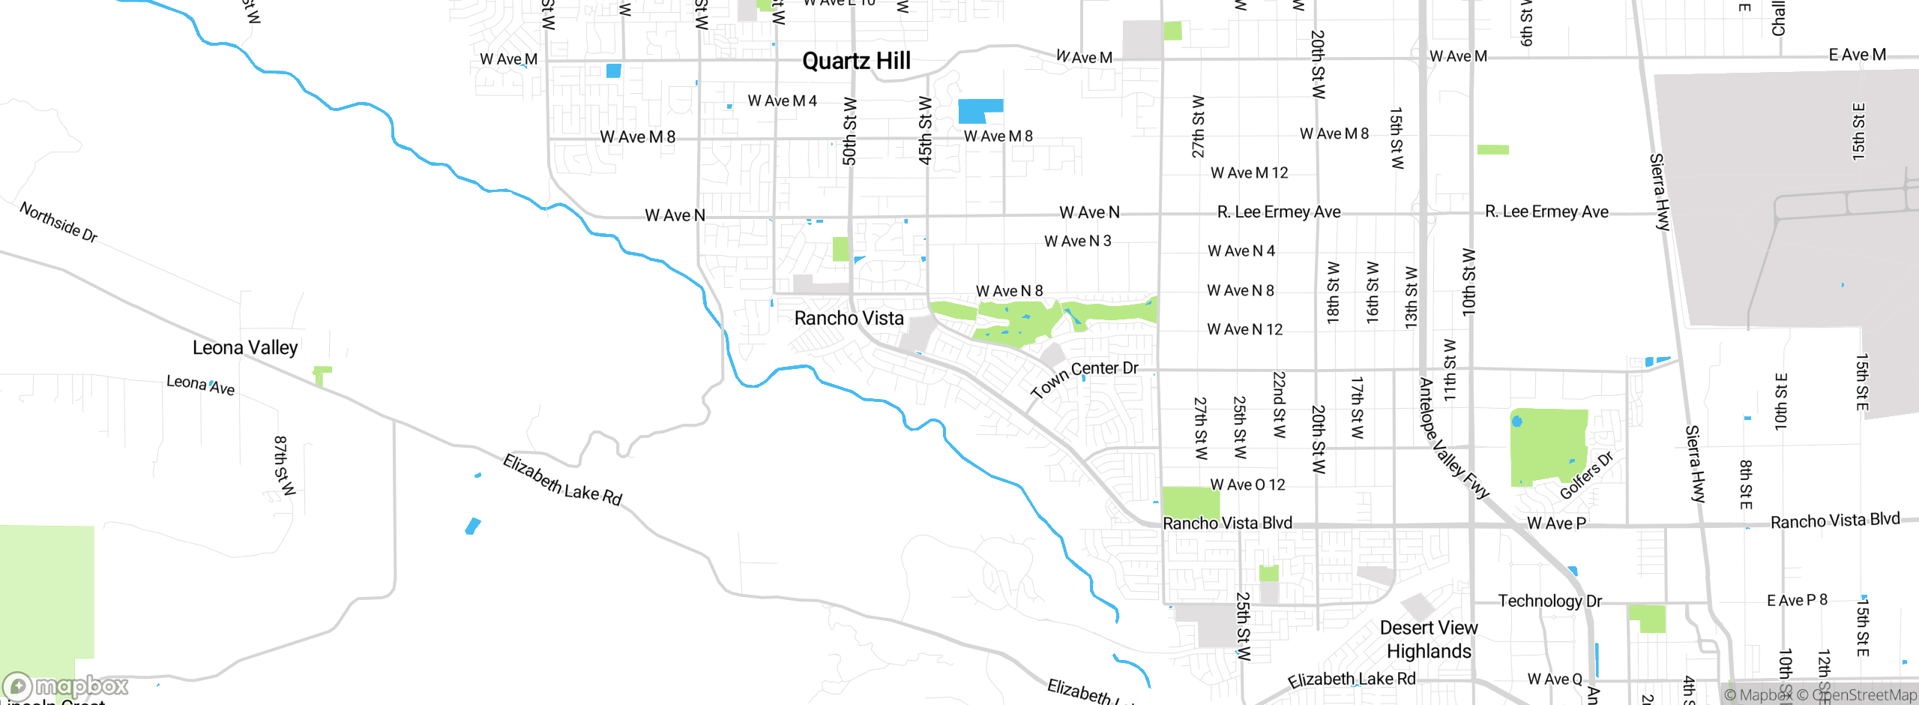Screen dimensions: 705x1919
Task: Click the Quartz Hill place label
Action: (x=856, y=61)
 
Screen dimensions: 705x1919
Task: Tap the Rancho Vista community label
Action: (x=849, y=318)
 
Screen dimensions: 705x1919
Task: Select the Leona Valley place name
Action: (x=245, y=347)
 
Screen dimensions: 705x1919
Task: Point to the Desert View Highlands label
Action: (x=1429, y=639)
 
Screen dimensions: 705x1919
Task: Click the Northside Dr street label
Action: (x=58, y=222)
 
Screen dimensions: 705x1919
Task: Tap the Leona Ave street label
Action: (x=200, y=385)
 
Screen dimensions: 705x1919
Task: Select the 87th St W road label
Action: (x=284, y=465)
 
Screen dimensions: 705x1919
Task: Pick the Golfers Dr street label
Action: (x=1586, y=475)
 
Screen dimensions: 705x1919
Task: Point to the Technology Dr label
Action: (x=1549, y=601)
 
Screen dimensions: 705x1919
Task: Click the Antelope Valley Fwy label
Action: (x=1452, y=439)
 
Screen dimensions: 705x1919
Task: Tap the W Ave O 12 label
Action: (x=1247, y=484)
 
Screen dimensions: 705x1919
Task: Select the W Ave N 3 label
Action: (x=1077, y=241)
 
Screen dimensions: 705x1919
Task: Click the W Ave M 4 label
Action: (x=782, y=100)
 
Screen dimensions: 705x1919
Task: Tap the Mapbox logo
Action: (x=66, y=685)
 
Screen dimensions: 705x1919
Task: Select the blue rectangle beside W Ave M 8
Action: (x=980, y=110)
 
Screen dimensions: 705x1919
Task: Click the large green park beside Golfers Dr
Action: (x=1547, y=445)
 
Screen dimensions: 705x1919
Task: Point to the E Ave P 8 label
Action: (x=1797, y=600)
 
